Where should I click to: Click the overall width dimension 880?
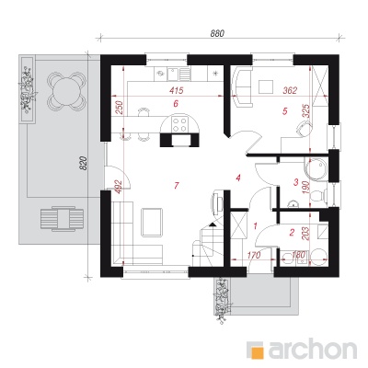pos(217,33)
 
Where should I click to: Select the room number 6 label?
pos(176,104)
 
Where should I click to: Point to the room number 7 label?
pos(176,185)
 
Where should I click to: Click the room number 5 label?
pos(285,111)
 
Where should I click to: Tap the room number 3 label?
pos(296,182)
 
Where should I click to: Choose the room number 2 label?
pos(292,233)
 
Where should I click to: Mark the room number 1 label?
pos(255,226)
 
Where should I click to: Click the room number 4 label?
pos(238,178)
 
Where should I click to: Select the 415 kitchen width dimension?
pos(177,90)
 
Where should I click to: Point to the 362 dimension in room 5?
pos(290,90)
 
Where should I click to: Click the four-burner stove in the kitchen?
pos(179,125)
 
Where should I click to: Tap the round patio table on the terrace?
pos(65,91)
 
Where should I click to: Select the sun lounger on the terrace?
pos(63,218)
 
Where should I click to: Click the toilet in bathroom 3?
pos(318,195)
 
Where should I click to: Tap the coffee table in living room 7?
pos(152,223)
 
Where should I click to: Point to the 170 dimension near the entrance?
pos(253,255)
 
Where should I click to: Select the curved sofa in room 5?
pos(242,87)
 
